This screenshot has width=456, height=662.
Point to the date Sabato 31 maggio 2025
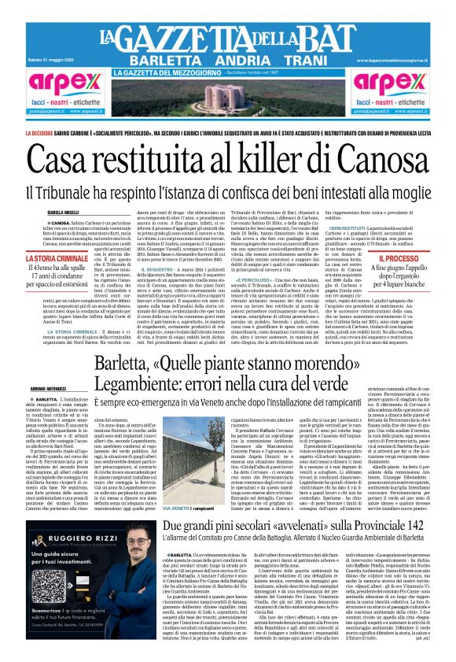click(56, 61)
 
